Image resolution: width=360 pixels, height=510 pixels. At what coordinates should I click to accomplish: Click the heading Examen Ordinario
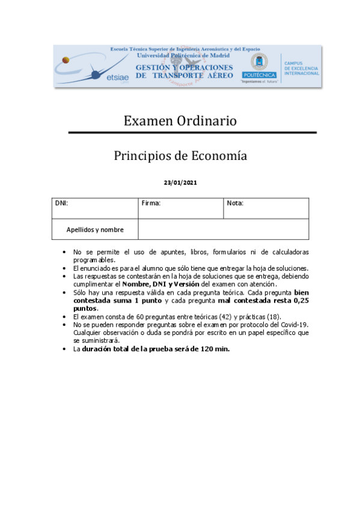point(180,121)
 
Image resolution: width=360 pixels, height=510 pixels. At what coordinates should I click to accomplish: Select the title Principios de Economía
point(180,156)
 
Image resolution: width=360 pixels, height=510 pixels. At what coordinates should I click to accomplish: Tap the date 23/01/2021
point(180,182)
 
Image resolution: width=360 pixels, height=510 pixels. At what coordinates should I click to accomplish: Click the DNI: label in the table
point(61,203)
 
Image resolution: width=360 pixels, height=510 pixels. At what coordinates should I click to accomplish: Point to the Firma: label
point(151,203)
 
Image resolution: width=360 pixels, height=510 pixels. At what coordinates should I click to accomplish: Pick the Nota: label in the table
point(235,203)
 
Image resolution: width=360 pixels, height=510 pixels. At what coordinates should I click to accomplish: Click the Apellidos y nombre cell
point(95,230)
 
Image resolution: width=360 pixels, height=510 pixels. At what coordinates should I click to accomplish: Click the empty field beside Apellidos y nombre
point(223,230)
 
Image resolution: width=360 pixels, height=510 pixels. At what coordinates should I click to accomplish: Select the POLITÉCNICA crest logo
point(260,64)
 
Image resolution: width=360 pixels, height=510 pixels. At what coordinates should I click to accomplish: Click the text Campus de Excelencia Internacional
point(301,68)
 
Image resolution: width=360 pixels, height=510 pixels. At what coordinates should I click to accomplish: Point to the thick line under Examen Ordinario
point(192,132)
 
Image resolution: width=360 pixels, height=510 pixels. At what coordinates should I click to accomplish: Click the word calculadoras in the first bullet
point(289,251)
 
